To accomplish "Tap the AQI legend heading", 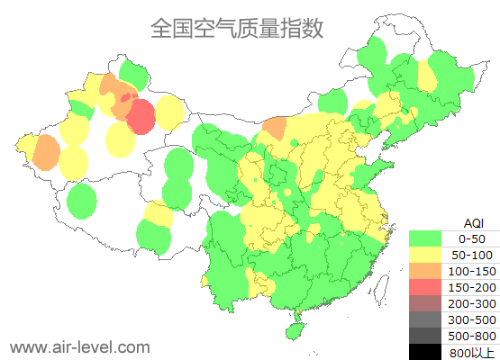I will (x=473, y=222).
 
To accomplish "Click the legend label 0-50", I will (x=472, y=238).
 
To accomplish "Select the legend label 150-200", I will (x=472, y=287).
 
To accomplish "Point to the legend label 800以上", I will (x=472, y=352).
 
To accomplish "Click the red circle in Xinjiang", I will (x=141, y=117).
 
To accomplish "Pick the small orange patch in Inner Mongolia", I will (x=276, y=127).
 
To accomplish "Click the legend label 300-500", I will (x=472, y=319).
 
